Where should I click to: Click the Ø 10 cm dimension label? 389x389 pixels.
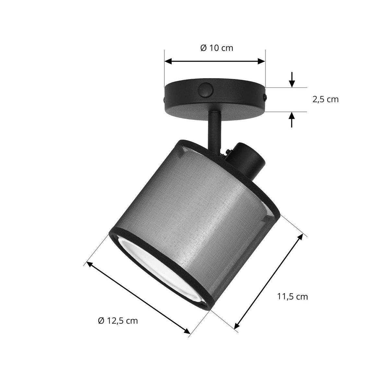217,48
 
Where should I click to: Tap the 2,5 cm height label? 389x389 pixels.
325,100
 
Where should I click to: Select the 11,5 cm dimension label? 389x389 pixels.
292,297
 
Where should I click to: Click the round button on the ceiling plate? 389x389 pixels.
205,89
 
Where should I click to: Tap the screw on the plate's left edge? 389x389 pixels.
164,100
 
